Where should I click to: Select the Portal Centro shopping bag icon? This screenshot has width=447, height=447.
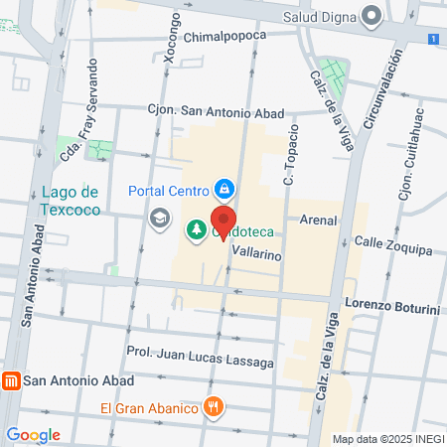[x=225, y=189]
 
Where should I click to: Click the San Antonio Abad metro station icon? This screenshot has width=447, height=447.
[x=12, y=379]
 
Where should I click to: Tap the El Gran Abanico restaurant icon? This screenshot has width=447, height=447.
[x=213, y=406]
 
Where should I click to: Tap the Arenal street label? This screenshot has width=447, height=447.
[x=318, y=220]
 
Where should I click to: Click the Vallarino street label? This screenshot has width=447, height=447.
[x=256, y=254]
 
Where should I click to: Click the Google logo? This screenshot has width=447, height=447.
[x=33, y=434]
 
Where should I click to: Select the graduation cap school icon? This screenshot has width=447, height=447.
[x=159, y=216]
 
